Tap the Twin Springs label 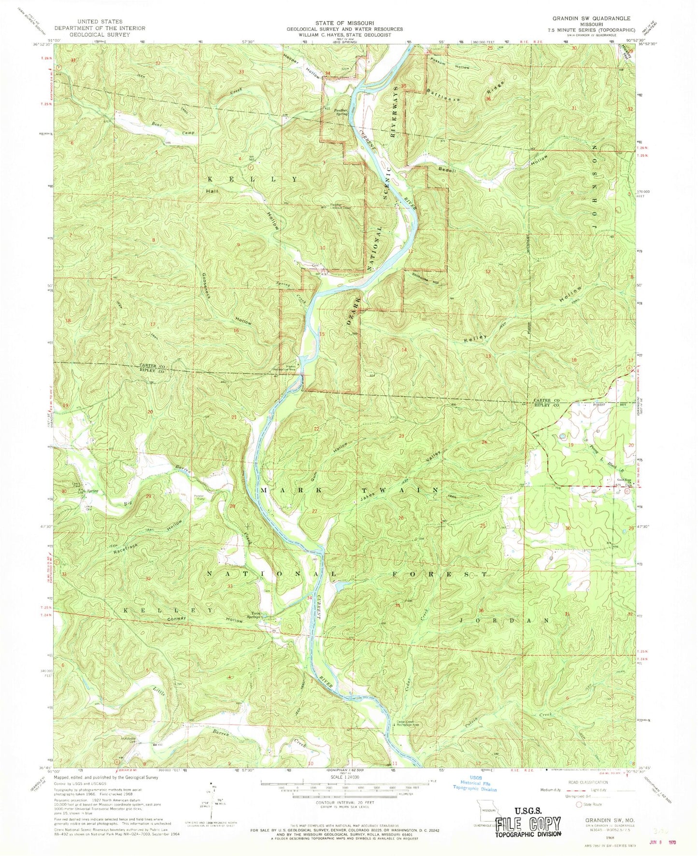pyautogui.click(x=265, y=616)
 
